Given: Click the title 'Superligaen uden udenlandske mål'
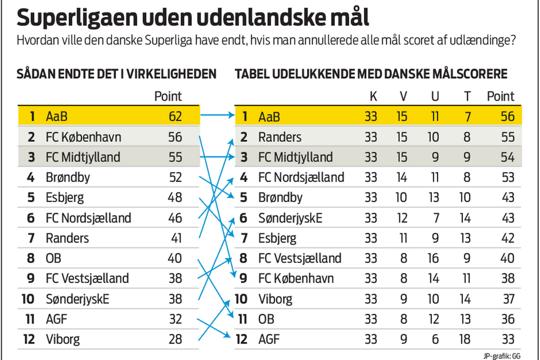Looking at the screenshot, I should click(x=193, y=18).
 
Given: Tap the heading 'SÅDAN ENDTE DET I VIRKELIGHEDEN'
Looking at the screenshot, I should click(x=116, y=74).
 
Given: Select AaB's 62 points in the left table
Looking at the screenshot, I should click(x=175, y=117).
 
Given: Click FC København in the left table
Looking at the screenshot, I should click(x=83, y=137).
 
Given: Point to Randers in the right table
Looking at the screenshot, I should click(x=280, y=137).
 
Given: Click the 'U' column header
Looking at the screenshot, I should click(x=435, y=97).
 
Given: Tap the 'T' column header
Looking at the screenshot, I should click(x=466, y=97).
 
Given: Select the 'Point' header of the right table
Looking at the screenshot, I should click(x=500, y=97).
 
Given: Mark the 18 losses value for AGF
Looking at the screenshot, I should click(x=466, y=340).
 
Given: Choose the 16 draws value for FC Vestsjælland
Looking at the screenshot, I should click(x=435, y=259).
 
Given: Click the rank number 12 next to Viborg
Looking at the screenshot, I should click(x=29, y=340).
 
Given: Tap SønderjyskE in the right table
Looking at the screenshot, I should click(x=290, y=218).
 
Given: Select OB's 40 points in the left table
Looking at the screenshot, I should click(x=175, y=259).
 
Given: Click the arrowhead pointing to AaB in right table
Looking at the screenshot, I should click(x=231, y=116).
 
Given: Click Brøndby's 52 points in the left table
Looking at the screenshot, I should click(x=175, y=178).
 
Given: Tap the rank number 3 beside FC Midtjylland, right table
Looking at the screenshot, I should click(x=244, y=157).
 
